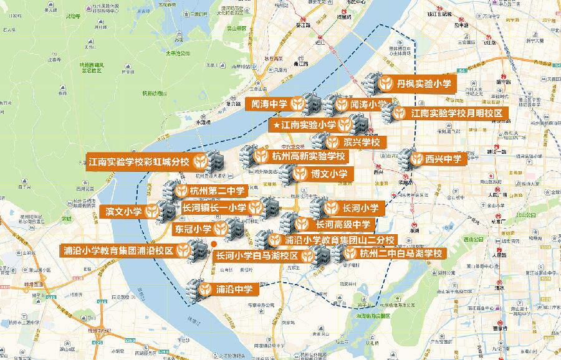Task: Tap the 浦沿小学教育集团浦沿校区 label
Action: click(x=125, y=252)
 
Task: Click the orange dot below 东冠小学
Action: click(x=213, y=244)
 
